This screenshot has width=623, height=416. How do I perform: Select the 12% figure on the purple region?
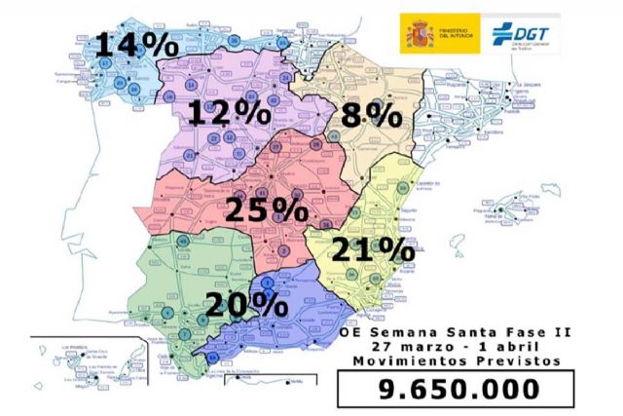tap(230, 114)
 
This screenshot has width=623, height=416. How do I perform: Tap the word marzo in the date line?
tap(433, 345)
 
